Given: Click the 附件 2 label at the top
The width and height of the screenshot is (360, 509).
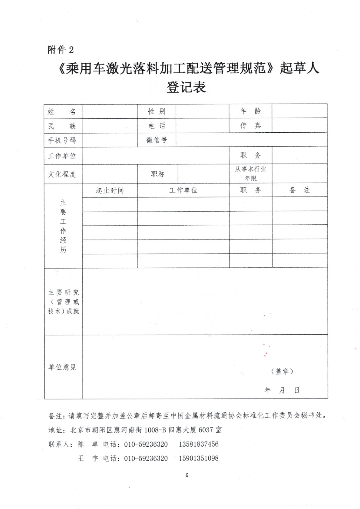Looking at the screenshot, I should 61,50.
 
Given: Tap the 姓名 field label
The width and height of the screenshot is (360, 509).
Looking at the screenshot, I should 62,111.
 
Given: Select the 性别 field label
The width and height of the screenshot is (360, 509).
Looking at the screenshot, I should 157,111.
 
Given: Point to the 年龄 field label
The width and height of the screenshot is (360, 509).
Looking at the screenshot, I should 251,111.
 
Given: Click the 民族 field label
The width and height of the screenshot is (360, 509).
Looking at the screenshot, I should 62,126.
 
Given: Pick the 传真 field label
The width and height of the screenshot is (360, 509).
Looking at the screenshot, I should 251,125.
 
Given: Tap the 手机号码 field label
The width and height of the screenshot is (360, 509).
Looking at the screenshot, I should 62,140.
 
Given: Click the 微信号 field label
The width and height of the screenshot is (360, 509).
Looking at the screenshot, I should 157,140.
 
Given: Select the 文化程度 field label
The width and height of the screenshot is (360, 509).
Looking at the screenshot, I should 62,174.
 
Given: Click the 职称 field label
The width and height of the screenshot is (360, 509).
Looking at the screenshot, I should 158,174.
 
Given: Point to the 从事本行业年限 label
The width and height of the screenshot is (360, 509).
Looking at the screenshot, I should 251,174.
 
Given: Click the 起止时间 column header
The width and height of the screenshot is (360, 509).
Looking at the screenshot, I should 110,191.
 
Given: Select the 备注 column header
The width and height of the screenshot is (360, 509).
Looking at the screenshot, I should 300,190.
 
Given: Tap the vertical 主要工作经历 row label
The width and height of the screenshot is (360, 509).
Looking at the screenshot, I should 63,226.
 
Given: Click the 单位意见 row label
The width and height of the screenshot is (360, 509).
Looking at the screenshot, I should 62,367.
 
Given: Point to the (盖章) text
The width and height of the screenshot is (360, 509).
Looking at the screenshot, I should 282,371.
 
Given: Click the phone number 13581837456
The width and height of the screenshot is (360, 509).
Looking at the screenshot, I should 199,444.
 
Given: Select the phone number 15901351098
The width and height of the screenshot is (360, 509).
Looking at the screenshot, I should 199,458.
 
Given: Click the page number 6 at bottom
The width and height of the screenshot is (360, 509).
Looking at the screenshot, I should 187,475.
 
